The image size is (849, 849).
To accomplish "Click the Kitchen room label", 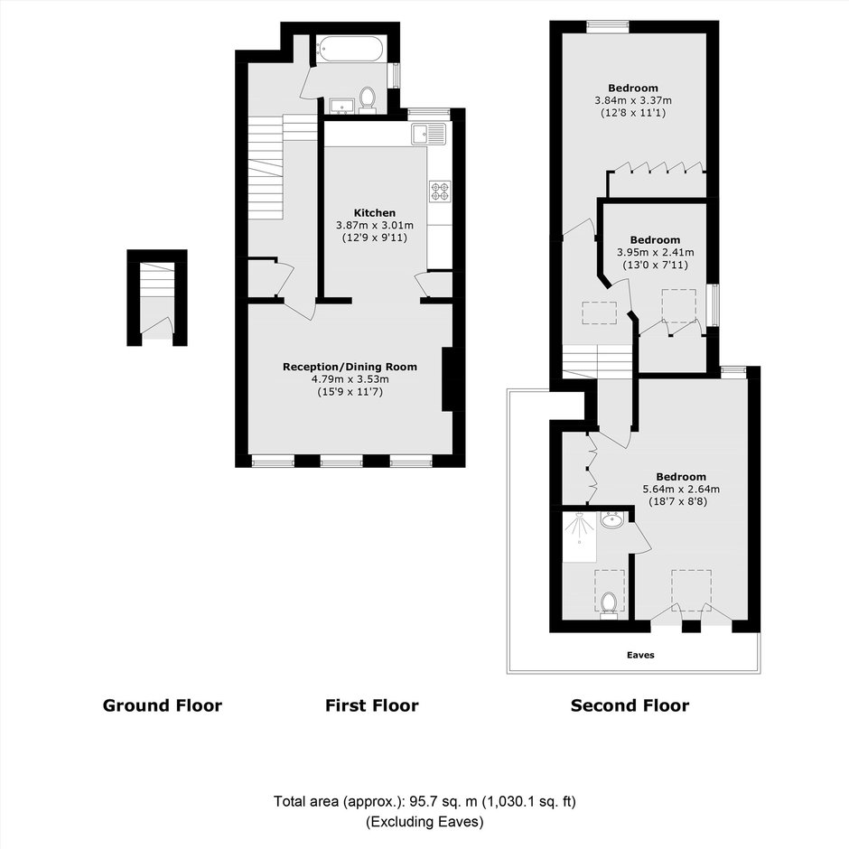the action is point(375,213).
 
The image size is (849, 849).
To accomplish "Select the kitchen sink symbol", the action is point(428,134).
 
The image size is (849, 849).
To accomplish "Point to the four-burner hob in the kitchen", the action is point(440,191).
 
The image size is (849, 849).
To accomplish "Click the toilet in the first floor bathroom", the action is point(368,99).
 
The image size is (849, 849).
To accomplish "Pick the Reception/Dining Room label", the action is point(350,367).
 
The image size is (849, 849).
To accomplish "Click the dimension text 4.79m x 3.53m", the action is point(350,379).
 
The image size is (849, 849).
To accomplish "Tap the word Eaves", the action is point(640,655).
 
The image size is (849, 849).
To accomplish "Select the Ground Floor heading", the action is point(163,705).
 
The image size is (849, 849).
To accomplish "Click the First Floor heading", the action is point(372,705).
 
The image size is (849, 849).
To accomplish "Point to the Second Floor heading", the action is point(630,705).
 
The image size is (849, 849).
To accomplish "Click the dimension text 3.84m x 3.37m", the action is point(633,100).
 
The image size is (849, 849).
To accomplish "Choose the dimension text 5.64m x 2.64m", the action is point(681,489).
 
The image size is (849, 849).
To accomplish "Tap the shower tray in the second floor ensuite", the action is point(580,537).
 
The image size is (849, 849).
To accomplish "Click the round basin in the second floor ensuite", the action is point(611,520).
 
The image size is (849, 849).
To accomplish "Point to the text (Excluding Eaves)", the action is point(425,822).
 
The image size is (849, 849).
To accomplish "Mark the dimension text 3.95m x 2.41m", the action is point(655,252).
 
